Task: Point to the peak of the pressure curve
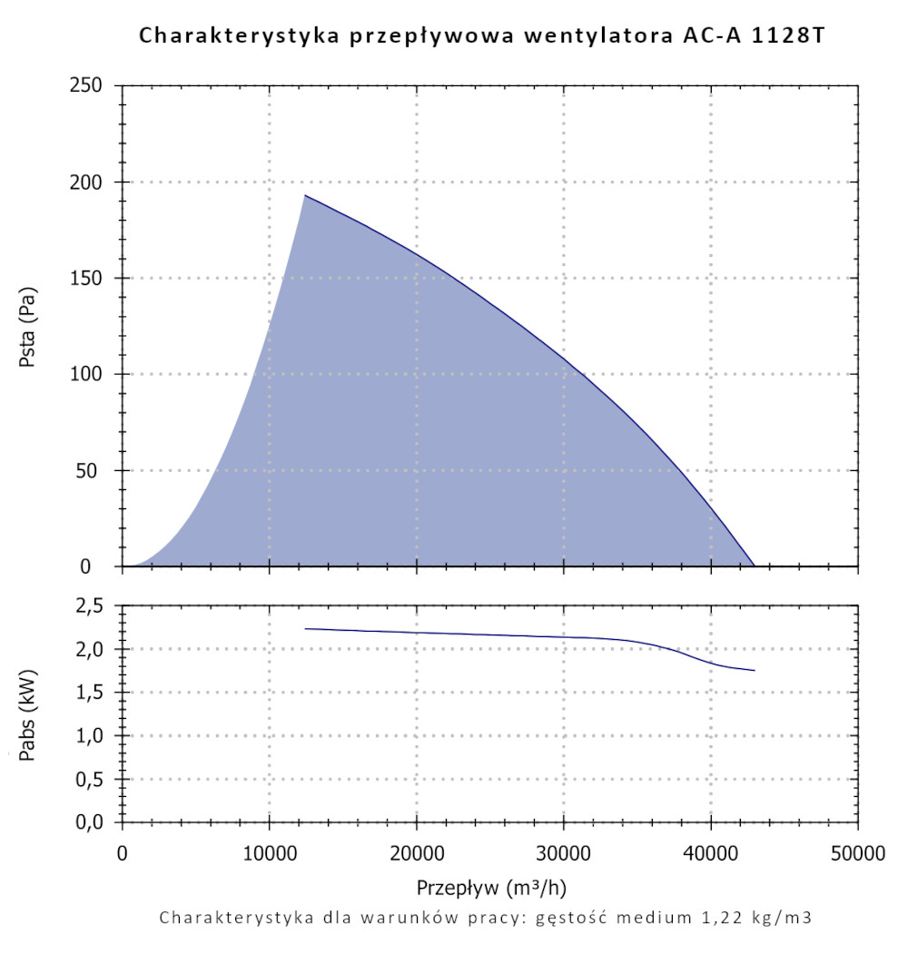305,195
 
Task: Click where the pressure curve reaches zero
755,566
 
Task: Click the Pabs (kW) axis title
30,714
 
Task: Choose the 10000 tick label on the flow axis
269,854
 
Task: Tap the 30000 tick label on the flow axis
564,854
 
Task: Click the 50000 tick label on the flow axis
858,854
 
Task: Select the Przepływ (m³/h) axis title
491,886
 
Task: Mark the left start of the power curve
306,628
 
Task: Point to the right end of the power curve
755,671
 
